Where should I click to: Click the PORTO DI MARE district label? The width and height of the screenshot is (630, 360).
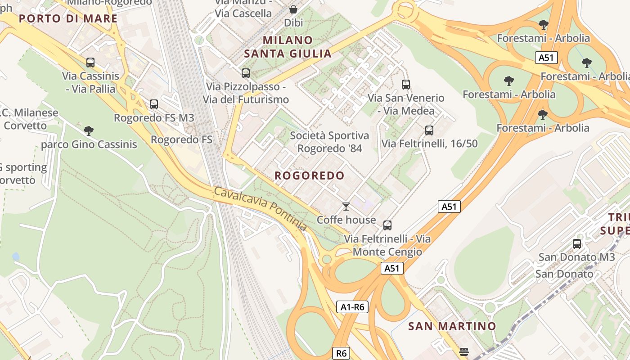coord(68,18)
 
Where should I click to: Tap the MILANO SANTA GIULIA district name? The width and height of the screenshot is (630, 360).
coord(288,47)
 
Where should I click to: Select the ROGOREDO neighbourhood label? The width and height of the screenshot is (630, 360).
coord(310,175)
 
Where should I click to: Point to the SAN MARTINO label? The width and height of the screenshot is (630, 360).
coord(452,326)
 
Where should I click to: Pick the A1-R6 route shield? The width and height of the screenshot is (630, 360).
coord(352,307)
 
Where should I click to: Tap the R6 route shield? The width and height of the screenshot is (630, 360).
coord(341,353)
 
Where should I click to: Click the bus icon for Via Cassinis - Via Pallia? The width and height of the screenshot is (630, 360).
coord(90,63)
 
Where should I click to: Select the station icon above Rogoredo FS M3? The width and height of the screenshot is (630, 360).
coord(154,104)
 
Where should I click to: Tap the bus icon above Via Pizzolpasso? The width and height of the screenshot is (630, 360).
coord(246,73)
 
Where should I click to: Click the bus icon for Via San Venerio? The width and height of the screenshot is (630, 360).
coord(406,84)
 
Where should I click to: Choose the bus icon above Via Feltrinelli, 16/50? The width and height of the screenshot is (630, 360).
coord(429,130)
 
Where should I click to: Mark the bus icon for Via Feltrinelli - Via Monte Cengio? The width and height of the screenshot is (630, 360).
coord(387,225)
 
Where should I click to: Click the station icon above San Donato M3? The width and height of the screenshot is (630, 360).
coord(577,244)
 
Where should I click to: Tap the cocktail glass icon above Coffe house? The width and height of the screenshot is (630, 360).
coord(346,207)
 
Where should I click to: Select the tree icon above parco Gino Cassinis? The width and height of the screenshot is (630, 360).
coord(89,131)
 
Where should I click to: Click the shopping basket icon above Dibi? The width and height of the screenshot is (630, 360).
coord(293,9)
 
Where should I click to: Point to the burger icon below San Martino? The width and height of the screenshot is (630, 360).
coord(464,351)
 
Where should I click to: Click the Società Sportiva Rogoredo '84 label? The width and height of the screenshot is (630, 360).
coord(329,142)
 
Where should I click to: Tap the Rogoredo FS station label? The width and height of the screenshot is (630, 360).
coord(181,139)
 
